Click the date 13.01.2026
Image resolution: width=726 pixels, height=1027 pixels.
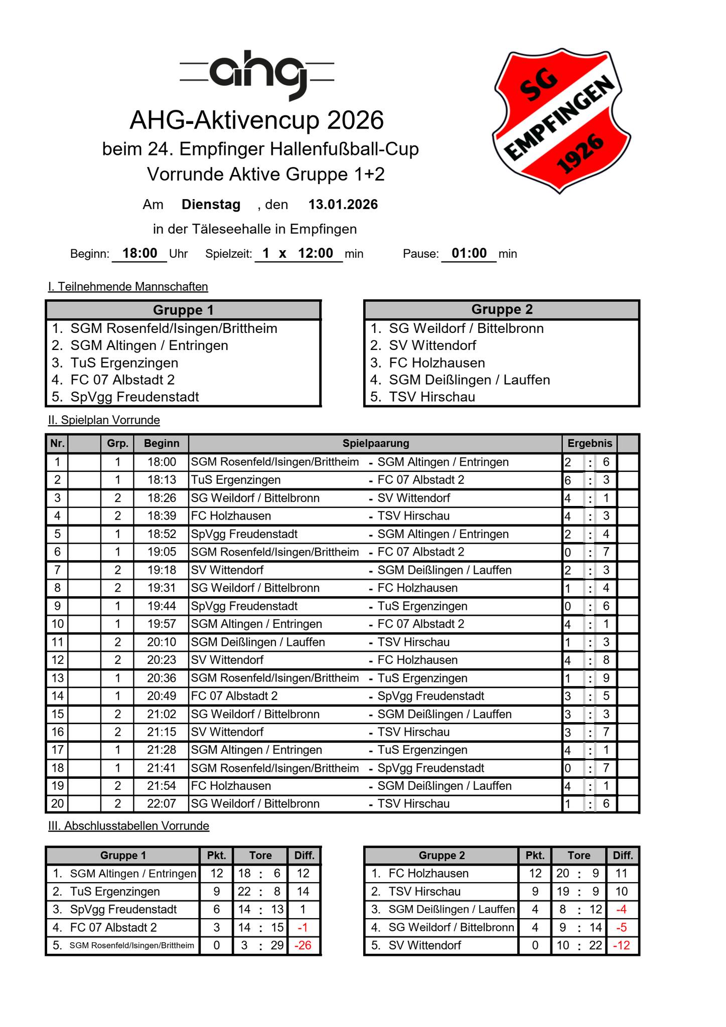click(343, 205)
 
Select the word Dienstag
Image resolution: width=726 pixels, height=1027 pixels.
click(211, 205)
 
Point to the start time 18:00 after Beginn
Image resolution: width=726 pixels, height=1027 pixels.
click(139, 253)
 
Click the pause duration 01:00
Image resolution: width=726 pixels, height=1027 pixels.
click(469, 253)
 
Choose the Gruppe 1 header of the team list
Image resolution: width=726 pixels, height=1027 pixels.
click(183, 310)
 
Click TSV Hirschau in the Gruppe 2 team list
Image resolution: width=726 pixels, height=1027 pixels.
click(431, 397)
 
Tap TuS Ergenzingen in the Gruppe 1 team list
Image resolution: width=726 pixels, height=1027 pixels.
click(124, 363)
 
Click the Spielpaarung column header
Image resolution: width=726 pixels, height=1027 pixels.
click(375, 443)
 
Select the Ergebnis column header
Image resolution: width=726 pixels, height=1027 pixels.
click(590, 443)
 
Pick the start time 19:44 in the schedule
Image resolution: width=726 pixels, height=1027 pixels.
click(162, 606)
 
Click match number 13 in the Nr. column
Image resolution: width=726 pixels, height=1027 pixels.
click(57, 678)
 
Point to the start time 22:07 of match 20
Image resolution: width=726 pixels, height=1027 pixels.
click(162, 804)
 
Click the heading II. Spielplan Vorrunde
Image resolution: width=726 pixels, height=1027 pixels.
click(104, 420)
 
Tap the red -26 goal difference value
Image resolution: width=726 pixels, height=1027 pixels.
click(303, 945)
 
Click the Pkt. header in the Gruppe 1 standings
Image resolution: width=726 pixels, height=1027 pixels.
click(217, 855)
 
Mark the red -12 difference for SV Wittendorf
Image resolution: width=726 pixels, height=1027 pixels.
click(621, 945)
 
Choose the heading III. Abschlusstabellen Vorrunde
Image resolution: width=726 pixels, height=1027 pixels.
click(128, 826)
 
